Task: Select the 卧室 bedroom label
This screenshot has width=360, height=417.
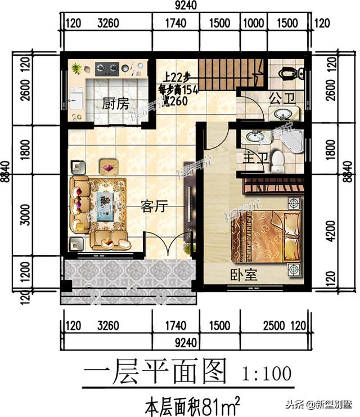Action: coord(243,275)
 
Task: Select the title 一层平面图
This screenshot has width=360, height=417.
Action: coord(155,372)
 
